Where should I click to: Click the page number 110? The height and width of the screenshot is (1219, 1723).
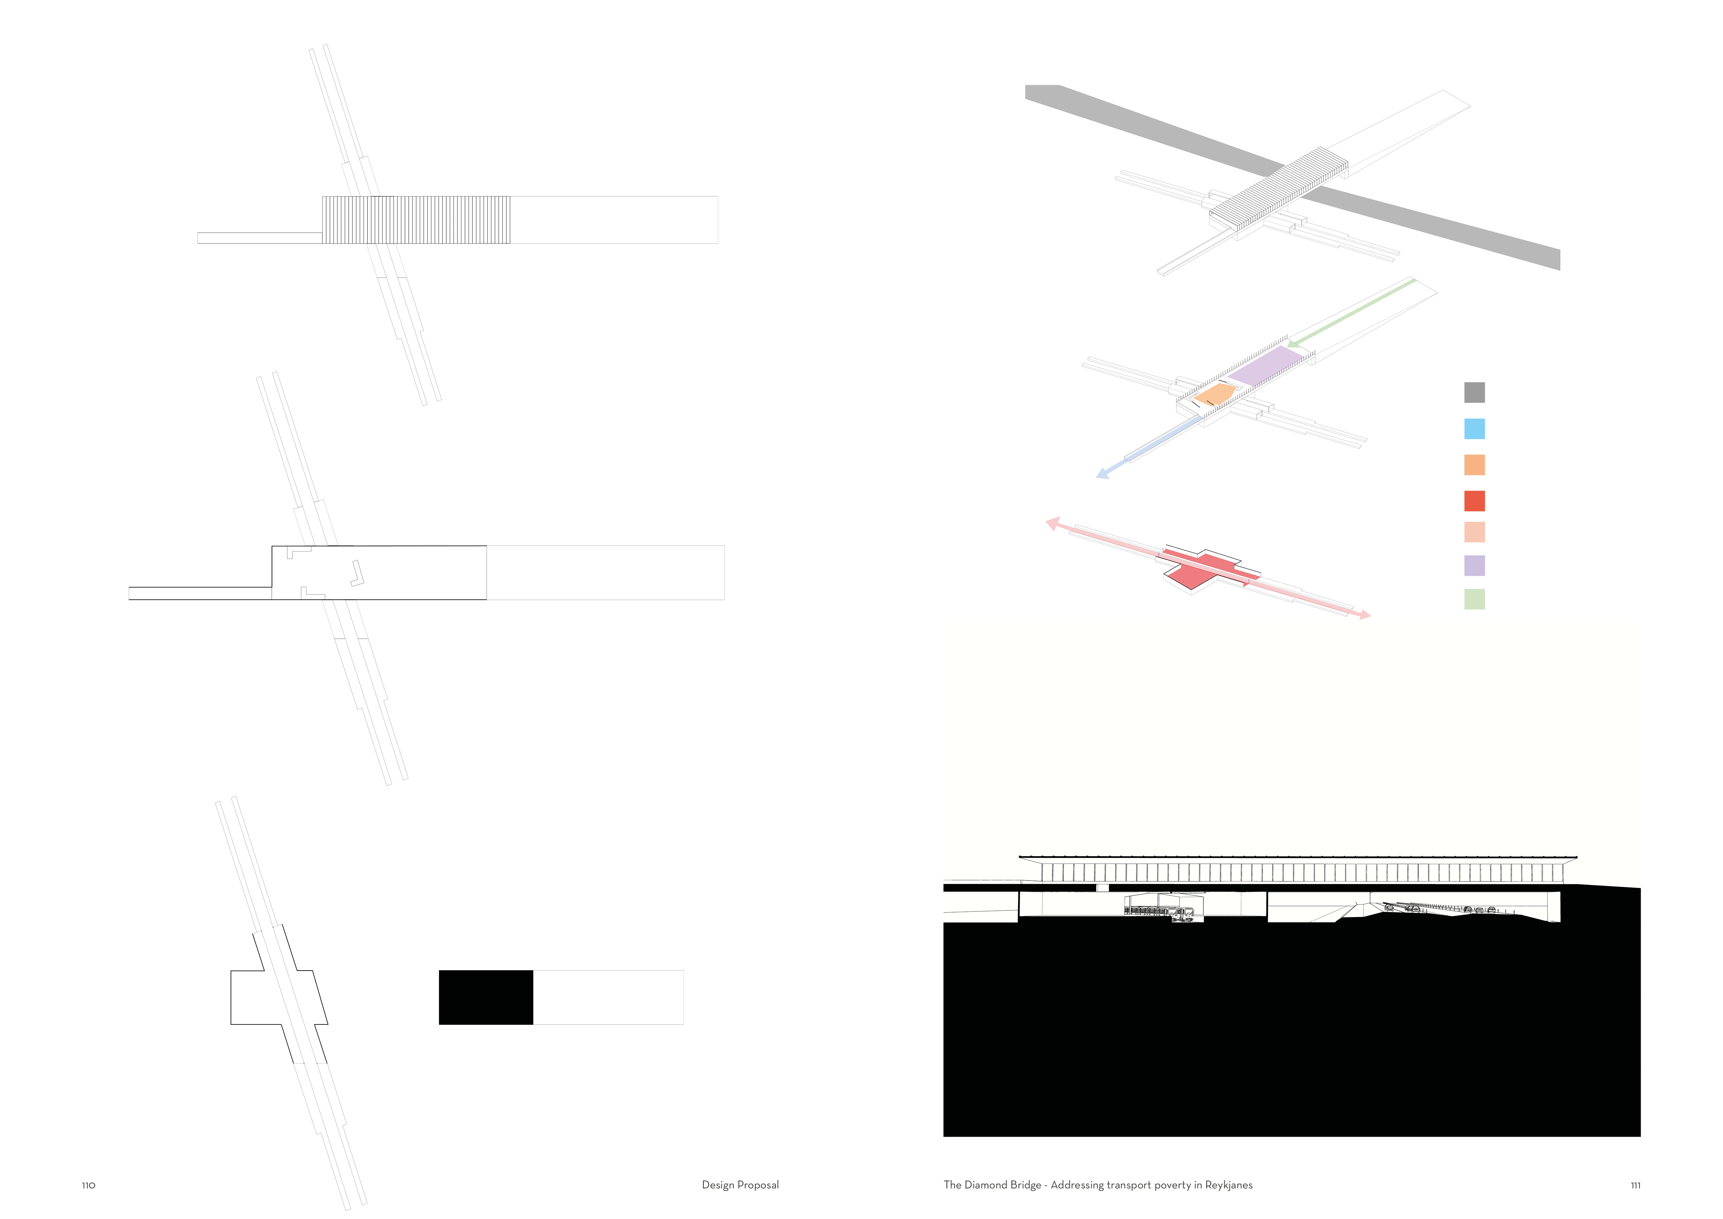pos(89,1185)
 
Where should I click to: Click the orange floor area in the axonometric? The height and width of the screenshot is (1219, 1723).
pos(1213,394)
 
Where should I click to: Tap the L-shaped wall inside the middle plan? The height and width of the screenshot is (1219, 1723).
pos(357,574)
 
